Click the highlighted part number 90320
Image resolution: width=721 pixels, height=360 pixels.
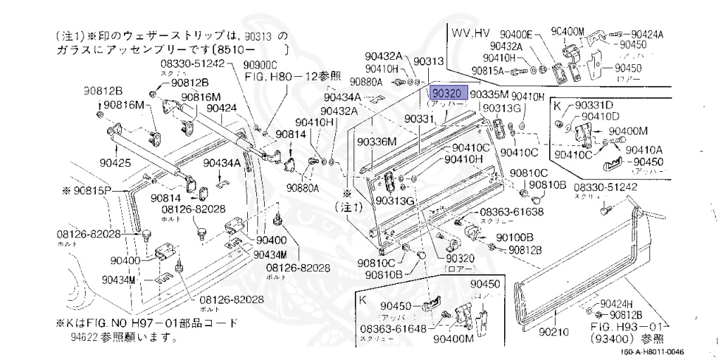tap(446, 93)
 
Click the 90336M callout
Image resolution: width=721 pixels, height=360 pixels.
tap(376, 142)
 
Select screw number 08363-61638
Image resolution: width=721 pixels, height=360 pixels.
tap(512, 212)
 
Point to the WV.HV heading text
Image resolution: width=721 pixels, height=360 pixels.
tap(470, 33)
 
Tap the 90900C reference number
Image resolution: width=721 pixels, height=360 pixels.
tap(262, 64)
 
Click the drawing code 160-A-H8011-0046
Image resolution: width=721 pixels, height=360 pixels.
tap(653, 352)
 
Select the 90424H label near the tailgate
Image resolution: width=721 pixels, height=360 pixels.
tap(616, 304)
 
